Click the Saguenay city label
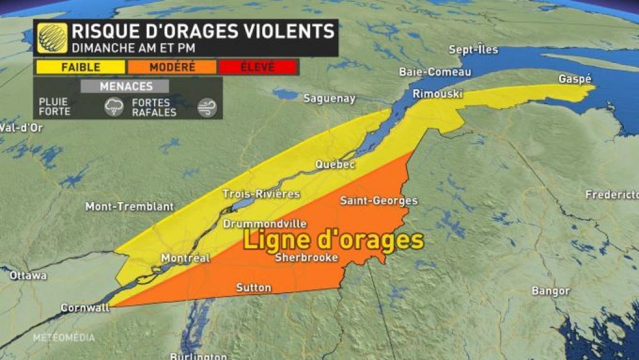pyautogui.click(x=329, y=98)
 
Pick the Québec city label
pyautogui.click(x=335, y=165)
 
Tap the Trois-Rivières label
pyautogui.click(x=261, y=194)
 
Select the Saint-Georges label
pyautogui.click(x=379, y=201)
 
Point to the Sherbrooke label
pyautogui.click(x=306, y=257)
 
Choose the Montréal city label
pyautogui.click(x=185, y=258)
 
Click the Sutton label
pyautogui.click(x=253, y=288)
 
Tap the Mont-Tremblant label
pyautogui.click(x=129, y=207)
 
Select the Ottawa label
pyautogui.click(x=28, y=275)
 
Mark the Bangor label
pyautogui.click(x=550, y=291)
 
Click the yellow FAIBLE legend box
pyautogui.click(x=79, y=67)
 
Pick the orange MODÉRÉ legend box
pyautogui.click(x=172, y=67)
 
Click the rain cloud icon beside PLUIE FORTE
pyautogui.click(x=114, y=107)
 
